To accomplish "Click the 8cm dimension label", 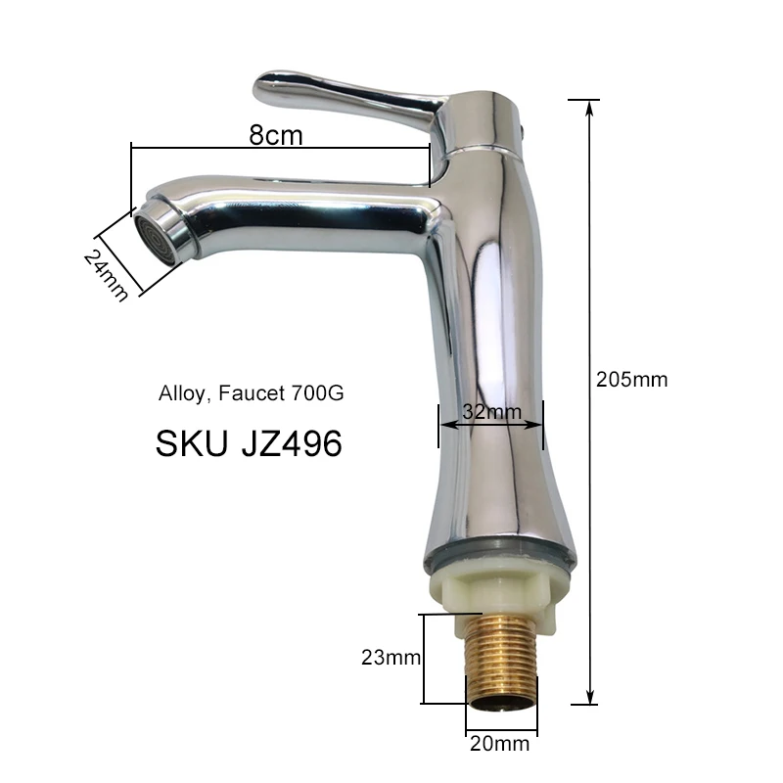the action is click(x=276, y=135).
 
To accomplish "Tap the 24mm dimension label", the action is click(x=106, y=275).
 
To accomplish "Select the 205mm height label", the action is click(x=631, y=380).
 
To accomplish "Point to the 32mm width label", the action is click(x=492, y=412).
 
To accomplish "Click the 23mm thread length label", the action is click(x=391, y=658).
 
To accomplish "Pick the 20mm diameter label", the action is click(x=499, y=744).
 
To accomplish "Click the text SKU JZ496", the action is click(x=249, y=443).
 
